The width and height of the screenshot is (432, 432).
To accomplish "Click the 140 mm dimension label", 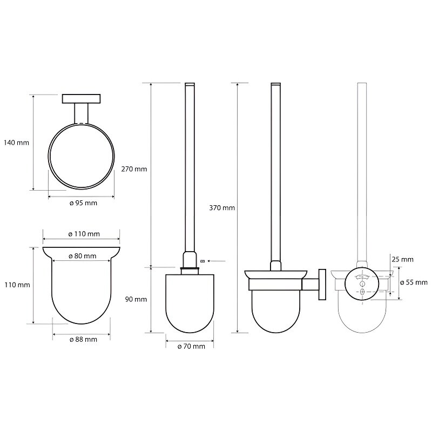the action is (16, 143).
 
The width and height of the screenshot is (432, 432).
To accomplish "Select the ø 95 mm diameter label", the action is (83, 203).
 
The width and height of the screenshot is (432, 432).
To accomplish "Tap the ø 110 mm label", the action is (84, 234).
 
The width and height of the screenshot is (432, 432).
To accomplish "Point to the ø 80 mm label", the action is (83, 256).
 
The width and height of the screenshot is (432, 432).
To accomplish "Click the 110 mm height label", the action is (17, 285).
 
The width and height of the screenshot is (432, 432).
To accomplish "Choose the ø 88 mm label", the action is (83, 340).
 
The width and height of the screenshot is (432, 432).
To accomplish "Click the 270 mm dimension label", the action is (134, 169).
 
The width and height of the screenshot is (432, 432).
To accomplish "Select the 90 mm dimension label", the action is (136, 299).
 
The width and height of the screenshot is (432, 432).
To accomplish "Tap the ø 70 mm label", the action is (191, 346).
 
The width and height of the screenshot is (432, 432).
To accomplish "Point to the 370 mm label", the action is (222, 208).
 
